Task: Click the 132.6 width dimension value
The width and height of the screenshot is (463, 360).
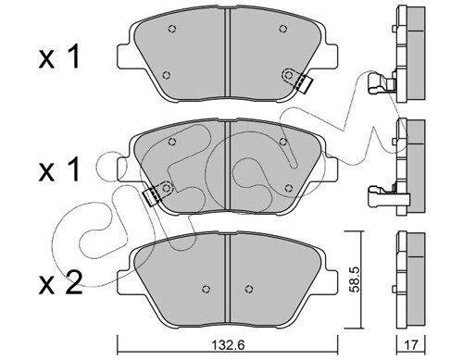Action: point(228,345)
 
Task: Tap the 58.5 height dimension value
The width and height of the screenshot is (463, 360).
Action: point(353,279)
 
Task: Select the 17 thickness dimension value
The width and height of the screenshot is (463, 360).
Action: point(411,345)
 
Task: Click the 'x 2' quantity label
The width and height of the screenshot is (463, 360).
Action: point(60,283)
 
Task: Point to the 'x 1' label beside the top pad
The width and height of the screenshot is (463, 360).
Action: point(59,57)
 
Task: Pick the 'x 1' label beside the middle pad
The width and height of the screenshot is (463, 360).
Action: point(59,170)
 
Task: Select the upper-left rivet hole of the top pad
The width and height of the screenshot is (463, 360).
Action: point(172,29)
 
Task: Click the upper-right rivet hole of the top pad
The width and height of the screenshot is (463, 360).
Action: point(282,29)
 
